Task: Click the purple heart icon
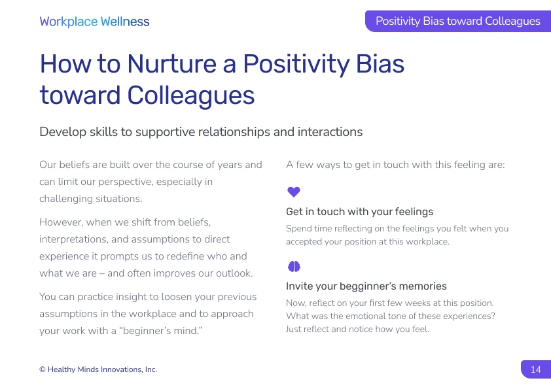[x=294, y=192]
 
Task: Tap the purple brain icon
[x=294, y=267]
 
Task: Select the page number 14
[x=535, y=369]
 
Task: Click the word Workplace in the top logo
[x=69, y=22]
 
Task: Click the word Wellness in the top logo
[x=125, y=22]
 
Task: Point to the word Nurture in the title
[x=172, y=63]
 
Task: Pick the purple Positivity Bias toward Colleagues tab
[x=458, y=21]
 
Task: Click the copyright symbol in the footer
[x=42, y=369]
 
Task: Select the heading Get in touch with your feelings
[x=359, y=212]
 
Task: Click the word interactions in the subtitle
[x=330, y=132]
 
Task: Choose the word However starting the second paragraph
[x=62, y=222]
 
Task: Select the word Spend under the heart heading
[x=298, y=229]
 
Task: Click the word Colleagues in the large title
[x=191, y=95]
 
